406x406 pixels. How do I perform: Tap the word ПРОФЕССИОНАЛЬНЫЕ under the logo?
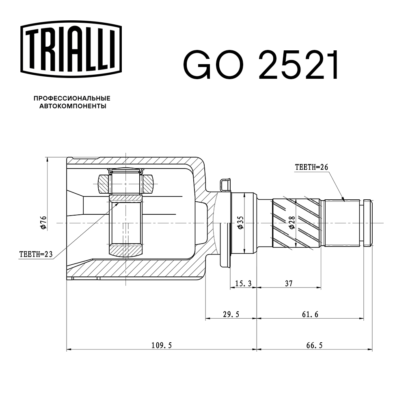pyautogui.click(x=72, y=98)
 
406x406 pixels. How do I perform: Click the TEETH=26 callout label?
pyautogui.click(x=311, y=167)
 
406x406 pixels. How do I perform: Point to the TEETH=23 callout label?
pyautogui.click(x=36, y=254)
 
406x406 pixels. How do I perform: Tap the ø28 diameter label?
pyautogui.click(x=292, y=223)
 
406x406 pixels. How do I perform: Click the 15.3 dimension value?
pyautogui.click(x=243, y=283)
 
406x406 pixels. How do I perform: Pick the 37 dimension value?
pyautogui.click(x=289, y=283)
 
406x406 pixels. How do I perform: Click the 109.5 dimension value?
pyautogui.click(x=162, y=345)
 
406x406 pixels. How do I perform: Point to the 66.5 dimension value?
pyautogui.click(x=314, y=345)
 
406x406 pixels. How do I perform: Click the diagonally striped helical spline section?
pyautogui.click(x=297, y=222)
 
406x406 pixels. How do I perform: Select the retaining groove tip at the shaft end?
pyautogui.click(x=367, y=222)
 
